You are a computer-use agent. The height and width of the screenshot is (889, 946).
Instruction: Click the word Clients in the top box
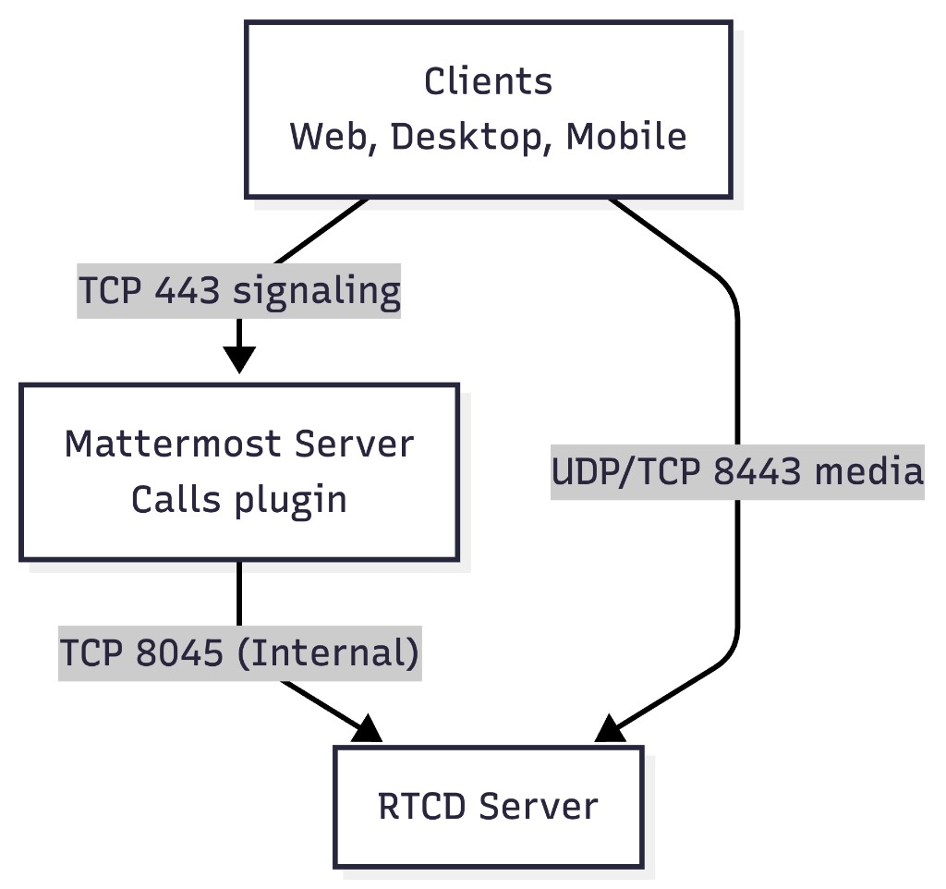click(x=488, y=81)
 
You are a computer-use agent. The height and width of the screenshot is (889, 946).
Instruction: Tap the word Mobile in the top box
click(x=626, y=137)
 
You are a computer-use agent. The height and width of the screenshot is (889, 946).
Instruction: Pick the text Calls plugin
click(x=238, y=500)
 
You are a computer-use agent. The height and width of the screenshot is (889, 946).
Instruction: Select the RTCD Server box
click(x=488, y=807)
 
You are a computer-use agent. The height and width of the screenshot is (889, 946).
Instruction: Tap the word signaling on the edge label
click(x=316, y=292)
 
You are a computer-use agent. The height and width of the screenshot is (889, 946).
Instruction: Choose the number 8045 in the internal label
click(x=179, y=653)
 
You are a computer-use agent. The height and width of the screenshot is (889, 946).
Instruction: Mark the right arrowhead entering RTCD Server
click(x=610, y=730)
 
